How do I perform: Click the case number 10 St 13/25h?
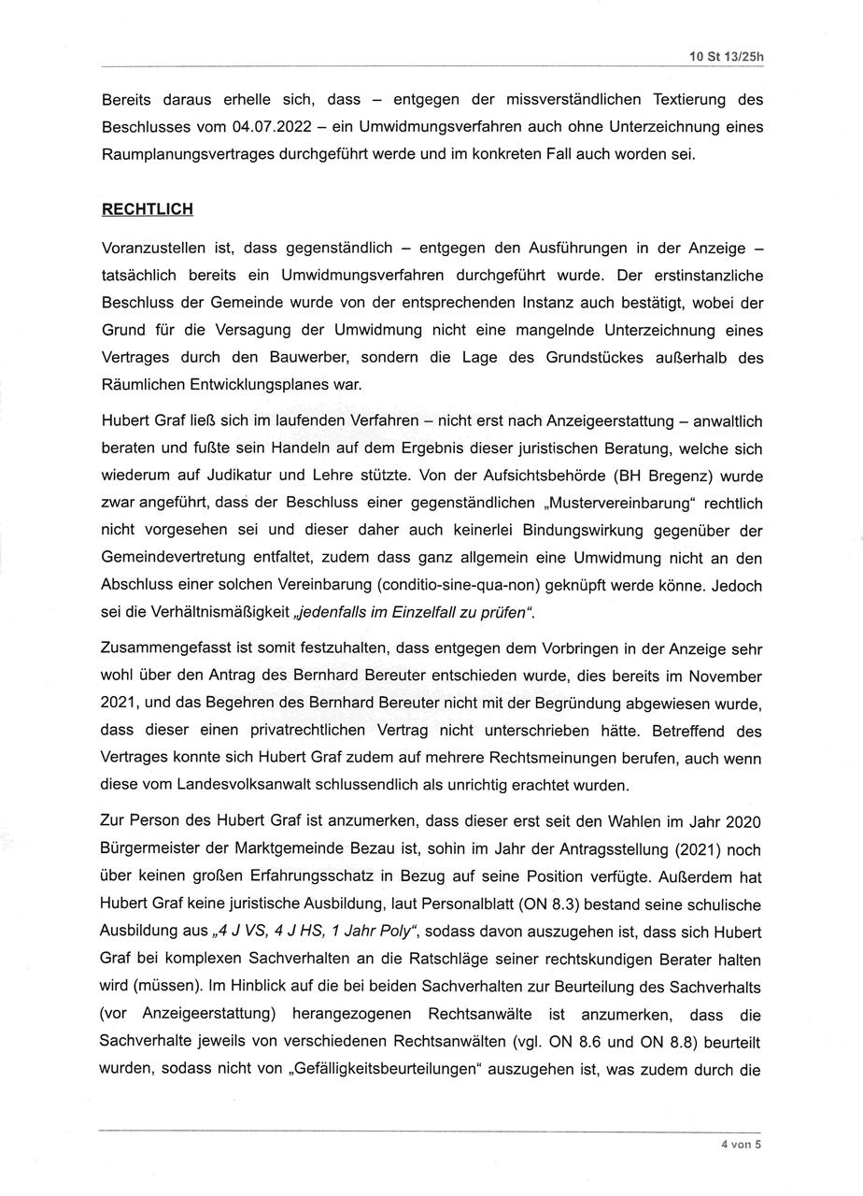[x=727, y=56]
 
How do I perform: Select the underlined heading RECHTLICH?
[x=147, y=209]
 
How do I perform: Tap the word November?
[x=723, y=676]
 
